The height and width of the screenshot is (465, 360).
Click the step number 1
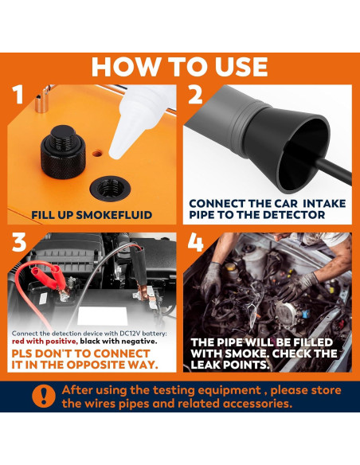tap(18, 94)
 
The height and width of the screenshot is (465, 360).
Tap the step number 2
tap(195, 94)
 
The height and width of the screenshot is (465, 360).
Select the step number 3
tap(19, 242)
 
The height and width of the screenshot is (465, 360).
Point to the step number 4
tap(195, 242)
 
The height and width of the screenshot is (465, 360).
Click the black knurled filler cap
tap(63, 152)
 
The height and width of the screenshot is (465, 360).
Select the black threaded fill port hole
tap(110, 189)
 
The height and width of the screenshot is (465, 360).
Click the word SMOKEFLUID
tap(114, 215)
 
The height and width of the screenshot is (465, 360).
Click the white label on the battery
tap(102, 316)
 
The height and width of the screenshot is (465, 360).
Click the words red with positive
tap(45, 342)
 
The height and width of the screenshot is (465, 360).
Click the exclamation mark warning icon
tap(44, 397)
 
